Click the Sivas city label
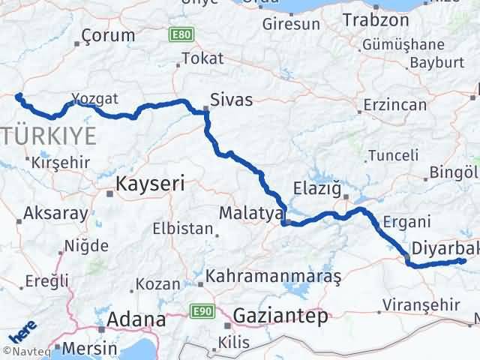tap(232, 100)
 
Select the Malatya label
tap(249, 214)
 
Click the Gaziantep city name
tap(280, 316)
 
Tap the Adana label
tap(136, 319)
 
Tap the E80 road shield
tap(180, 34)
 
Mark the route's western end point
tap(18, 96)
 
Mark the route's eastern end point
tap(463, 261)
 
